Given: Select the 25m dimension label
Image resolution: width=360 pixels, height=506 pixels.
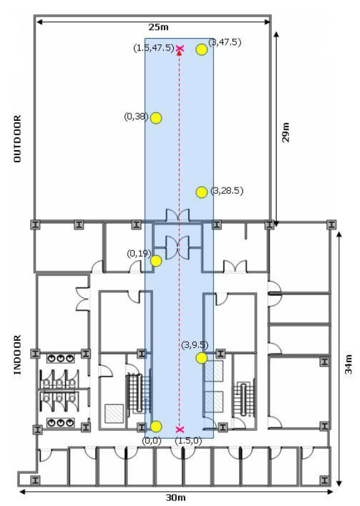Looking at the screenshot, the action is pyautogui.click(x=158, y=27).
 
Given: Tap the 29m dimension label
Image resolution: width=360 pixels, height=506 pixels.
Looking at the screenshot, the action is pyautogui.click(x=285, y=132).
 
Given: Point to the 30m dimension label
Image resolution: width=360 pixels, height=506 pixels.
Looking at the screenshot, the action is pyautogui.click(x=176, y=497).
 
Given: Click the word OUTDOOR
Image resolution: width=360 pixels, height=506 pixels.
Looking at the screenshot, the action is pyautogui.click(x=17, y=139).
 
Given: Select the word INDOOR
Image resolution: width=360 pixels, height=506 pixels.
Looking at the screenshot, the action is pyautogui.click(x=17, y=355).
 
